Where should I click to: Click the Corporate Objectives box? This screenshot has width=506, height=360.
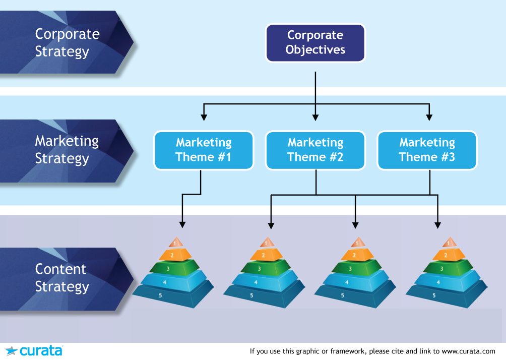315,43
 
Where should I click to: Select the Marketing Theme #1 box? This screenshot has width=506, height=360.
204,150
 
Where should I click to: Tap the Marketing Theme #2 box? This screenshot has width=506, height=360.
315,150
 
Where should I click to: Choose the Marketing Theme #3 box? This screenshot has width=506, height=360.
427,150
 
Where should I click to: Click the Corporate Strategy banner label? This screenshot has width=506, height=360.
67,43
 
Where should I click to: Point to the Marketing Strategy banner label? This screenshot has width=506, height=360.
67,150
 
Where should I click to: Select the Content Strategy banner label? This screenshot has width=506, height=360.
61,278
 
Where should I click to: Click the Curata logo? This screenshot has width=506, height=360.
34,350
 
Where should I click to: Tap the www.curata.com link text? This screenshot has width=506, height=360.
468,351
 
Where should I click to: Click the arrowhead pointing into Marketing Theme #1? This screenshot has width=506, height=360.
204,117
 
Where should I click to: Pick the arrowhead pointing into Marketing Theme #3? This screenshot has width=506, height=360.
429,117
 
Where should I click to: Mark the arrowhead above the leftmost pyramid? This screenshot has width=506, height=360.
182,225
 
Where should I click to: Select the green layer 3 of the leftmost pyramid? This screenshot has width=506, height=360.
174,268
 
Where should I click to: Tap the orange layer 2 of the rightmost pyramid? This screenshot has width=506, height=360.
449,255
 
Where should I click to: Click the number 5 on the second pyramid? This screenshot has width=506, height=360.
251,295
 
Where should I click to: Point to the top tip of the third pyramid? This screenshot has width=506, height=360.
358,237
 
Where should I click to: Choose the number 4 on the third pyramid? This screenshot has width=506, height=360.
347,282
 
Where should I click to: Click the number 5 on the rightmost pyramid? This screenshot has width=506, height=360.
434,295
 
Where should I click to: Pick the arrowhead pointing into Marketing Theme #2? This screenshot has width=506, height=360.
315,117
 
